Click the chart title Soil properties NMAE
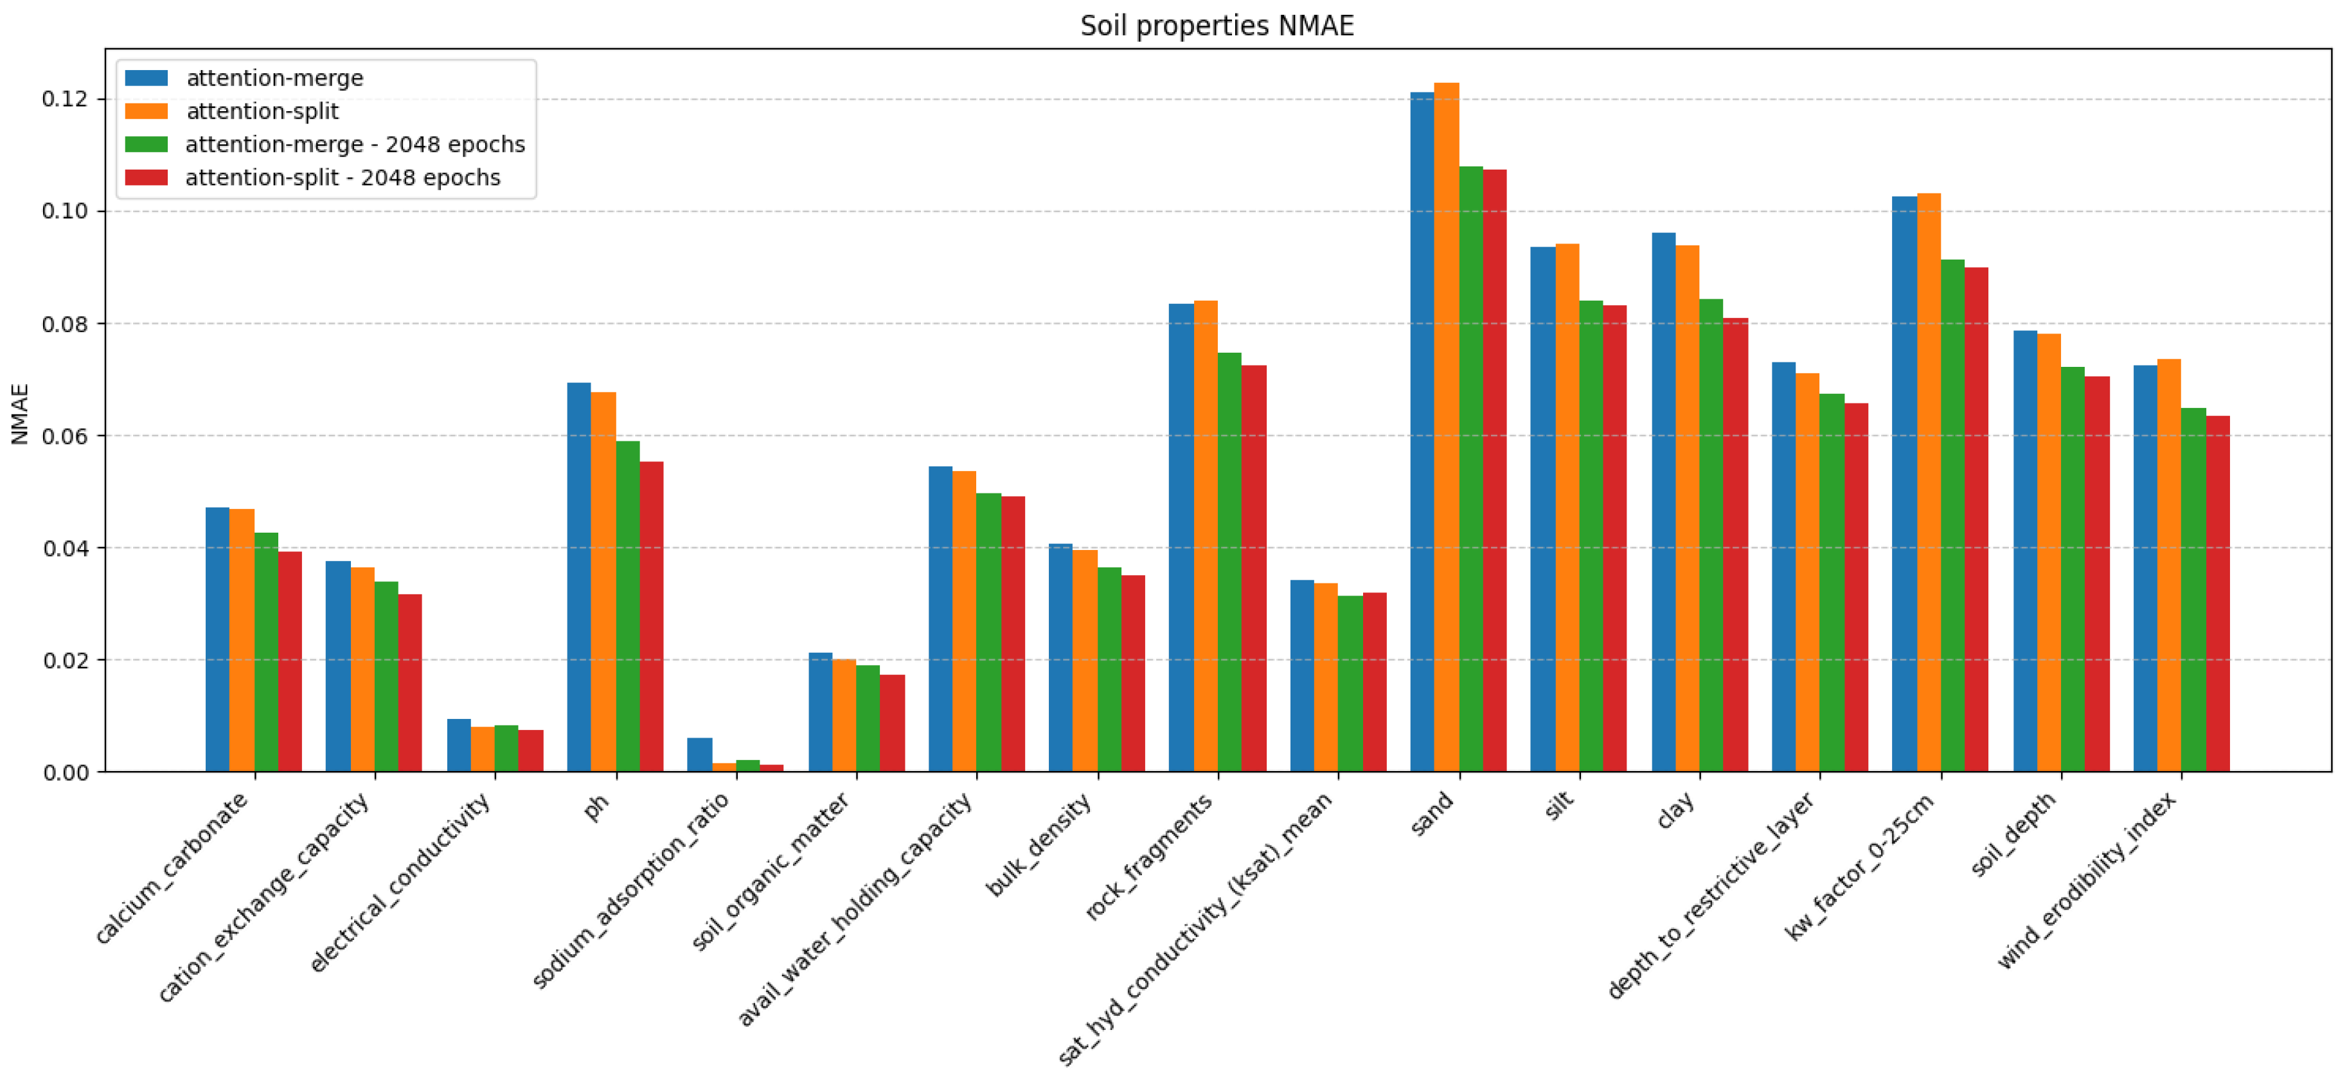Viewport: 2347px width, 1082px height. tap(1217, 26)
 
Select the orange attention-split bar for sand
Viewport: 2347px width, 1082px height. tap(1446, 428)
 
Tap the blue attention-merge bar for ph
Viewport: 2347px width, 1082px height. tap(578, 578)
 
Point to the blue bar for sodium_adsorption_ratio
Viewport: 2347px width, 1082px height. tap(699, 755)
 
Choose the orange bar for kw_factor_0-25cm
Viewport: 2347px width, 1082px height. tap(1928, 483)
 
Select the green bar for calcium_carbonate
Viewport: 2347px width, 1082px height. tap(266, 652)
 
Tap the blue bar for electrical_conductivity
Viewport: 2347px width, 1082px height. tap(458, 746)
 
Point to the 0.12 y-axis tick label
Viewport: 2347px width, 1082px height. tap(66, 98)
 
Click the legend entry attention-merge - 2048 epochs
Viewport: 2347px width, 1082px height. tap(354, 145)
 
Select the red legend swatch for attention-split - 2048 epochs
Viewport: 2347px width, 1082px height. tap(146, 177)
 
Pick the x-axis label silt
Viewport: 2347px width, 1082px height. tap(1559, 805)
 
